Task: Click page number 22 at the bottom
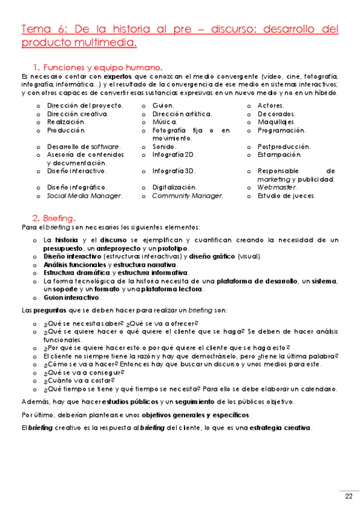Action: click(x=349, y=496)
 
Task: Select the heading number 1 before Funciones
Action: click(x=36, y=67)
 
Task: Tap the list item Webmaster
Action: click(x=276, y=187)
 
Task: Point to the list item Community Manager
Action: click(x=188, y=195)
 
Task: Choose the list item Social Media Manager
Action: click(x=85, y=195)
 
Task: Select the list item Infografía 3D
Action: click(x=174, y=171)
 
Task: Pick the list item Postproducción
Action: click(x=284, y=146)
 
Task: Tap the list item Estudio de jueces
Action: click(x=286, y=195)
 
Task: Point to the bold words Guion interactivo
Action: click(x=72, y=297)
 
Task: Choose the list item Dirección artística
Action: click(x=182, y=114)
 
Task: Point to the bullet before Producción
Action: click(x=38, y=131)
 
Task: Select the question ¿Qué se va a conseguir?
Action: click(x=84, y=372)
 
